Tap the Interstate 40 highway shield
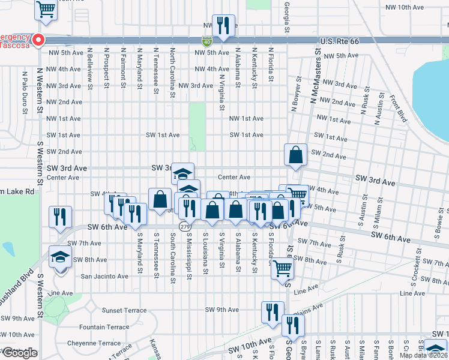pos(206,41)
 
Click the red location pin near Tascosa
pos(38,40)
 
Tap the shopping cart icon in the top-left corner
pos(46,9)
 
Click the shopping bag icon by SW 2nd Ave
pos(296,155)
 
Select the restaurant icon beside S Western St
pos(61,217)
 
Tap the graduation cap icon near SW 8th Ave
pos(60,257)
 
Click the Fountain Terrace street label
pos(104,327)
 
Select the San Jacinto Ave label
pos(104,277)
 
